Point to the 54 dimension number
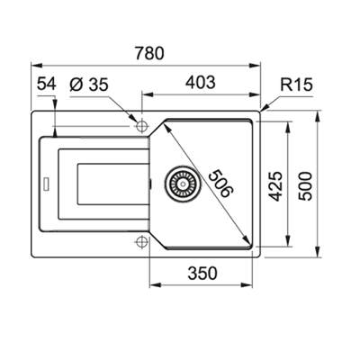click(x=48, y=84)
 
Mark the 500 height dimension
click(x=311, y=185)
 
